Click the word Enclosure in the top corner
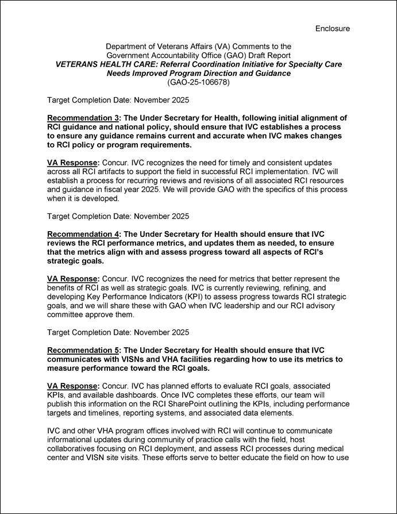[332, 28]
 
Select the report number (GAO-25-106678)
[198, 82]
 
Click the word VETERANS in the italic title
[80, 64]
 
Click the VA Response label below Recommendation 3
[74, 163]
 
